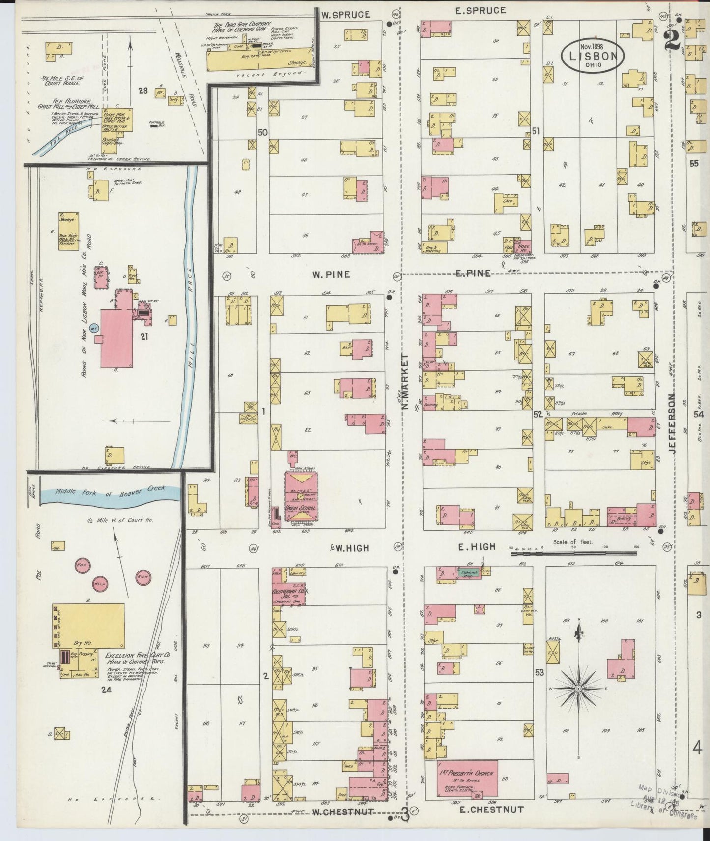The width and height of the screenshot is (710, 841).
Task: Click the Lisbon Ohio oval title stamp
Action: (x=593, y=56)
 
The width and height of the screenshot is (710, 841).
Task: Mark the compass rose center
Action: (x=579, y=689)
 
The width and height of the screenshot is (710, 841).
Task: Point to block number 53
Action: (x=540, y=672)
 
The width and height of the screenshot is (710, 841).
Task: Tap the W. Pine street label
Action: (x=331, y=274)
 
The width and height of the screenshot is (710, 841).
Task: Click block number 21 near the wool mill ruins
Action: (x=144, y=336)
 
